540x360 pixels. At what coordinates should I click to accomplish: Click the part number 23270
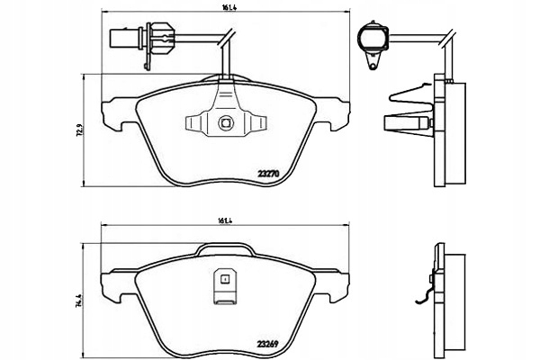click(268, 174)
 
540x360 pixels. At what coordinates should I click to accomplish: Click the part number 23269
click(267, 344)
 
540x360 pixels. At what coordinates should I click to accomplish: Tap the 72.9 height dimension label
click(78, 130)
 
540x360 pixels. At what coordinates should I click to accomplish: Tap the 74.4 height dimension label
click(78, 300)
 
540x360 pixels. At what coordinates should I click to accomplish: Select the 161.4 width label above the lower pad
click(225, 220)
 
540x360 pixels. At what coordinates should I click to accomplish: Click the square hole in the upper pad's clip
click(226, 122)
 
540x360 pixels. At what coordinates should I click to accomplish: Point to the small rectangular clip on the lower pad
click(224, 286)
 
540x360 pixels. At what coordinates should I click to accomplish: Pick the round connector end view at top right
click(373, 38)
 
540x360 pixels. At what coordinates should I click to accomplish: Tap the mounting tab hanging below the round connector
click(373, 62)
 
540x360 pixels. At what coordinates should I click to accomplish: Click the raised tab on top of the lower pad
click(225, 249)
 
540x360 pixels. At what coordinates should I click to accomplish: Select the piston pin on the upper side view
click(408, 123)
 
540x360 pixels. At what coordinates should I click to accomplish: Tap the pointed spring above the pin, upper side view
click(410, 94)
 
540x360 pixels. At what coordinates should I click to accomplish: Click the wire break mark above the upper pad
click(227, 38)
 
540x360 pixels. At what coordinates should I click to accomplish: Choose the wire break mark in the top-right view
click(447, 38)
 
